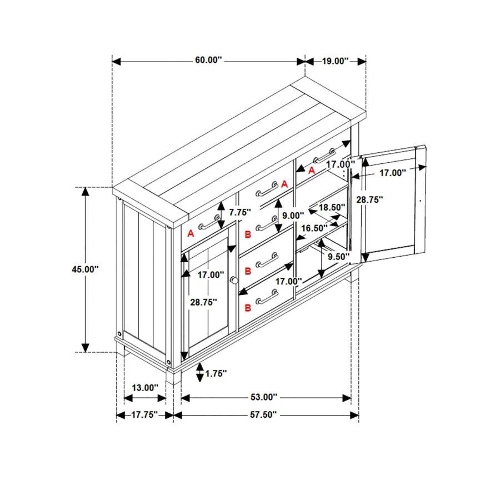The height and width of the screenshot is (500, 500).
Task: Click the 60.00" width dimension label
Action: click(208, 60)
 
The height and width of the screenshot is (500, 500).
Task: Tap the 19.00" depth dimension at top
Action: click(335, 61)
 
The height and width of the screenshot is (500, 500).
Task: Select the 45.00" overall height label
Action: click(85, 269)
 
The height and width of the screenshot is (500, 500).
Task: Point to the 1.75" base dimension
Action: click(216, 373)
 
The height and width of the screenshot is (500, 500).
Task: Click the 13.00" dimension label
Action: click(145, 388)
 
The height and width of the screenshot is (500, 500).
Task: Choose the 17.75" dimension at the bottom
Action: click(144, 414)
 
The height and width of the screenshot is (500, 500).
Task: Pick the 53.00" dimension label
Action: click(264, 397)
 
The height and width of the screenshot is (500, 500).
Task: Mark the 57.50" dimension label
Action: click(263, 414)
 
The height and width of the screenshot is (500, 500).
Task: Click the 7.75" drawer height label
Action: click(240, 212)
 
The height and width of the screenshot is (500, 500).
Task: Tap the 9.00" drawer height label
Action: click(293, 216)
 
